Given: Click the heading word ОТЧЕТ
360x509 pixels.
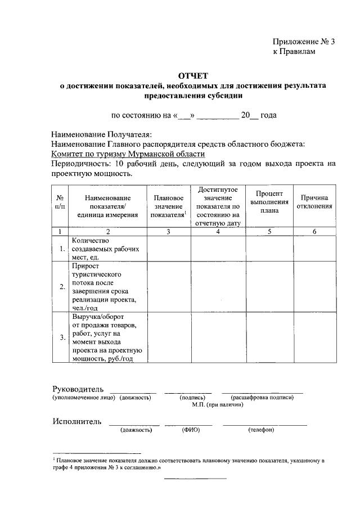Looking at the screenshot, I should pyautogui.click(x=193, y=75).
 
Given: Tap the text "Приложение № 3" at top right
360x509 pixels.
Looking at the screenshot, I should pyautogui.click(x=304, y=42).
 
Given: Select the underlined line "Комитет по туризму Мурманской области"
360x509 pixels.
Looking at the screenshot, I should pyautogui.click(x=128, y=154).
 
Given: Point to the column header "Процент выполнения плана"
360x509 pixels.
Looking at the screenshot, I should pyautogui.click(x=269, y=202).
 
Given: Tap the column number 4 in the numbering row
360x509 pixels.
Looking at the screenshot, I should pyautogui.click(x=218, y=232).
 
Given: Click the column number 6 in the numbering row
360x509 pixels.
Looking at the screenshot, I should pyautogui.click(x=314, y=232).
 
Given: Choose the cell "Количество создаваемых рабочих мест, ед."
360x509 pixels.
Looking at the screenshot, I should pyautogui.click(x=106, y=249).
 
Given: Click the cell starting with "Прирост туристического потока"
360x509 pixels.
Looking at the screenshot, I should pyautogui.click(x=106, y=287).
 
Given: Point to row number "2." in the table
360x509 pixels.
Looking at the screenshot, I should pyautogui.click(x=62, y=287).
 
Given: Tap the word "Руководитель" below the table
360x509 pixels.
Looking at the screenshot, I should pyautogui.click(x=78, y=389).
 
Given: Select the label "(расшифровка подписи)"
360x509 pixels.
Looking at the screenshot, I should pyautogui.click(x=262, y=398).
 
